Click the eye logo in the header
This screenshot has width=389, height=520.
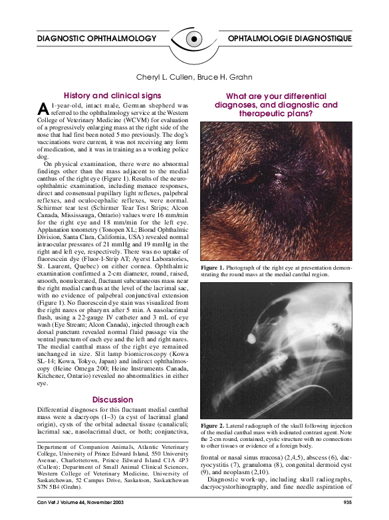click(x=193, y=39)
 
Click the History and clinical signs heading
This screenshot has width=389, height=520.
click(x=112, y=96)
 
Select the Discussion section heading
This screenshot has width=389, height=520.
click(x=112, y=400)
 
